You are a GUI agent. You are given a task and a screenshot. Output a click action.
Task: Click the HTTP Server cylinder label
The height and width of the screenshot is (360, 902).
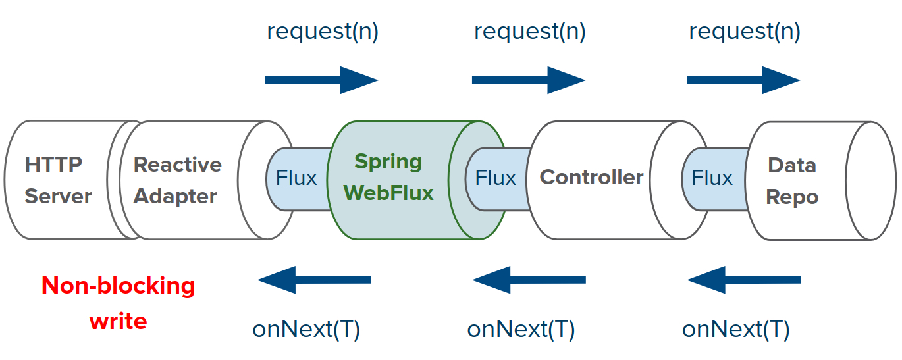pos(58,180)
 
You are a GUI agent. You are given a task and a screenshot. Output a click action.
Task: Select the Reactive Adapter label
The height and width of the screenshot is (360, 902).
pos(177,180)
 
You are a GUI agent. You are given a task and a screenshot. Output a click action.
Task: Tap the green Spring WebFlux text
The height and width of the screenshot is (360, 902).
pos(388,177)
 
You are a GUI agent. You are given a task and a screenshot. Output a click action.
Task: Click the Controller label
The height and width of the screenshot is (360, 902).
pos(591,176)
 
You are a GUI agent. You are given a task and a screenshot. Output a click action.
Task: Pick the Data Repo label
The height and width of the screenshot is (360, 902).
pos(792,181)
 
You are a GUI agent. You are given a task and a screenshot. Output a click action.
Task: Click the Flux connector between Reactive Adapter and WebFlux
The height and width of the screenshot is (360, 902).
pos(296,178)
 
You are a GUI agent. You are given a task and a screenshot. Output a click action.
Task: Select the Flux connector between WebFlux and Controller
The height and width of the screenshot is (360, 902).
pos(496,178)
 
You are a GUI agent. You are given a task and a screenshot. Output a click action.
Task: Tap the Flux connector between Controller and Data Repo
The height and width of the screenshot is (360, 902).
pos(712,178)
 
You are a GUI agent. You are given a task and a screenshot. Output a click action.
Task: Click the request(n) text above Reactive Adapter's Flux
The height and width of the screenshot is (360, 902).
pos(322,31)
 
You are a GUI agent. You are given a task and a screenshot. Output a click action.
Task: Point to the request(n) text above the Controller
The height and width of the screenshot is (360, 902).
pos(529,31)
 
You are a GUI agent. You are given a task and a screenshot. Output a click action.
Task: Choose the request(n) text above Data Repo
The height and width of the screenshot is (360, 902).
pos(744,31)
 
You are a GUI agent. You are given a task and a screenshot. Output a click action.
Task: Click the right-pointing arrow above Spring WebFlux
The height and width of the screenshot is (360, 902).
pos(321,80)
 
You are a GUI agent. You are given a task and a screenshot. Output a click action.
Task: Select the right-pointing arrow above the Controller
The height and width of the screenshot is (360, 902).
pos(529,80)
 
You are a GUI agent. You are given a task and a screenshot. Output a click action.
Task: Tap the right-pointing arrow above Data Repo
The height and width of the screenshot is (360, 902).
pos(743,80)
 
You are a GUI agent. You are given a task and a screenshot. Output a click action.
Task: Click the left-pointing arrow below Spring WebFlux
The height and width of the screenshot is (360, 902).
pos(314,280)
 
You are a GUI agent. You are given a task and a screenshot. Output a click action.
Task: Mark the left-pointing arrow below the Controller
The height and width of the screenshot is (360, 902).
pos(529,280)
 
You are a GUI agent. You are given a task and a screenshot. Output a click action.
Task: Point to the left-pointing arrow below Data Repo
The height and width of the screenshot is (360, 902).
pos(743,280)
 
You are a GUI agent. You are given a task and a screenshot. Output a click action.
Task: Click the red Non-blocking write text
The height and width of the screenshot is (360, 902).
pos(119,303)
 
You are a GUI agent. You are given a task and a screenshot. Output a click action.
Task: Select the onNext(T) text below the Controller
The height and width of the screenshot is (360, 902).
pos(521,329)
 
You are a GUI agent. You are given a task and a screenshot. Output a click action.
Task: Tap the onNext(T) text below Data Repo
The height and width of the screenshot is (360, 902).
pos(735,329)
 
